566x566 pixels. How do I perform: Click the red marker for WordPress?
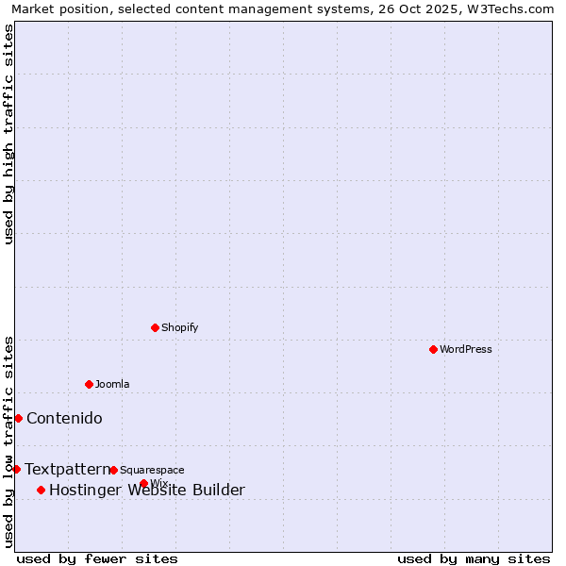click(x=433, y=349)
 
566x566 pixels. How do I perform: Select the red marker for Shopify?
click(x=155, y=327)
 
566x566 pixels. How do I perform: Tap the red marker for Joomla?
click(x=89, y=384)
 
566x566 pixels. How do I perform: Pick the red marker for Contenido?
click(x=18, y=418)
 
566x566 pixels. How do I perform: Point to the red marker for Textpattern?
click(x=16, y=469)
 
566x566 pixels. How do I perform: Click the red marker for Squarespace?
click(x=113, y=470)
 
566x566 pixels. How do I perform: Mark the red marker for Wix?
click(x=143, y=483)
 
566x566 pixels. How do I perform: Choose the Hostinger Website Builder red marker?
click(x=41, y=490)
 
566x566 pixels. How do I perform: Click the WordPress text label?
click(x=466, y=349)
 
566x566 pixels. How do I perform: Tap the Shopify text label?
click(x=179, y=327)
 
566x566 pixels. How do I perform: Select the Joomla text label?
click(x=112, y=384)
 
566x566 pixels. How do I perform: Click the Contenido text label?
click(x=64, y=418)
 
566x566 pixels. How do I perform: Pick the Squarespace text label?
click(x=152, y=470)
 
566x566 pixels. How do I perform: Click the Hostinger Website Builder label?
click(x=146, y=490)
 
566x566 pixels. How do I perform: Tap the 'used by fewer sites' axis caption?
click(x=97, y=558)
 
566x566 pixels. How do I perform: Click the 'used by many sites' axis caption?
click(x=474, y=558)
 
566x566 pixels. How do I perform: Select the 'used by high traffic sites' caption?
click(x=8, y=133)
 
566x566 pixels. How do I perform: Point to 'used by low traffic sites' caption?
click(x=8, y=441)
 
